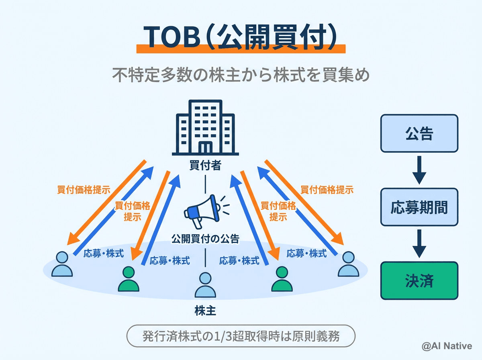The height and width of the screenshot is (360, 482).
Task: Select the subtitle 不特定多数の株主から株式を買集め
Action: tap(241, 75)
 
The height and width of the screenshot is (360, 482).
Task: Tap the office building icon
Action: tap(205, 128)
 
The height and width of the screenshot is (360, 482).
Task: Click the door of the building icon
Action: tap(205, 147)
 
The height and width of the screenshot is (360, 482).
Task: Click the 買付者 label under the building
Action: tap(205, 166)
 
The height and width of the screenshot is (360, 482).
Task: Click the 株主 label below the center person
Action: tap(205, 311)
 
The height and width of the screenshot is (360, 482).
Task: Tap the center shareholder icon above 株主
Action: tap(205, 286)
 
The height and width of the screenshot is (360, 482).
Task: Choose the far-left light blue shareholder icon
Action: tap(62, 264)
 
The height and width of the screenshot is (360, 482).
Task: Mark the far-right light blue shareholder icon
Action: tap(348, 264)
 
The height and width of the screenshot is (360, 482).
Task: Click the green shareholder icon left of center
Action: tap(129, 279)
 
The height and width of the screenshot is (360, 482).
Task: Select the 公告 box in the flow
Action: tap(419, 133)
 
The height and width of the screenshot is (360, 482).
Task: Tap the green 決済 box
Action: tap(419, 280)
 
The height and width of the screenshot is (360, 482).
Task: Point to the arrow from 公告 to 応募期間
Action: tap(419, 170)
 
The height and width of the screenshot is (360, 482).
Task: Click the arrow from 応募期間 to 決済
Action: tap(419, 243)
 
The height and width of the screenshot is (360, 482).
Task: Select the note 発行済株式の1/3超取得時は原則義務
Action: tap(241, 336)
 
